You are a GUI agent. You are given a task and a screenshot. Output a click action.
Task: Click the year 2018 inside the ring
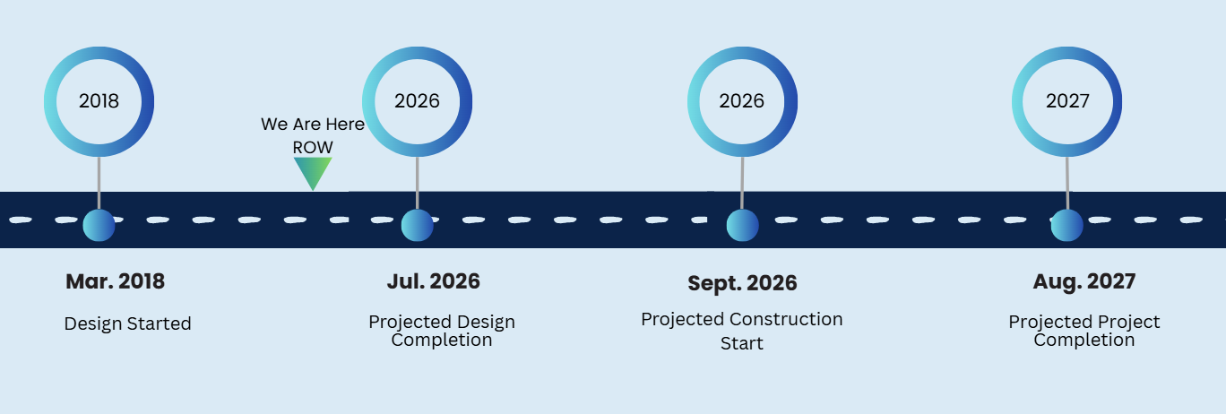[x=99, y=100]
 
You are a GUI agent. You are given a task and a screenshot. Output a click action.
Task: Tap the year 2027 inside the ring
[x=1067, y=100]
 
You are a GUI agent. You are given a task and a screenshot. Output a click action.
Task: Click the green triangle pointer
[x=313, y=171]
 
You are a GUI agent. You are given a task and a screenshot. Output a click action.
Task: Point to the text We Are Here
[x=313, y=124]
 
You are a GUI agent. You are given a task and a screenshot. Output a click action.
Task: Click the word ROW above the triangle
[x=313, y=147]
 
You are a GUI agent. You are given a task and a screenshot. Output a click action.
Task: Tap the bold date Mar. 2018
[x=115, y=281]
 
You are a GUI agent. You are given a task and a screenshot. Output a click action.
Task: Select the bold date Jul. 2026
[x=434, y=281]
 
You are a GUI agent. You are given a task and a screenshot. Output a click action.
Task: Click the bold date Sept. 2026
[x=742, y=283]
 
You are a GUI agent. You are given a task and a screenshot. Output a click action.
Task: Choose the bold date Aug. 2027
[x=1084, y=281]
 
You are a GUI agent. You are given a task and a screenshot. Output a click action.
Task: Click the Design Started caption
[x=127, y=323]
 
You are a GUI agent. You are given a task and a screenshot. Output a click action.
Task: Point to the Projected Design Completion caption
[x=442, y=331]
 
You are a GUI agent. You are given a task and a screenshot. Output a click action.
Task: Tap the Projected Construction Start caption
[x=742, y=331]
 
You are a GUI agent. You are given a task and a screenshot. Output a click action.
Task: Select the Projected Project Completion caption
[x=1084, y=331]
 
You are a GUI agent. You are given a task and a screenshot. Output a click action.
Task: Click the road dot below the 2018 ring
[x=99, y=225]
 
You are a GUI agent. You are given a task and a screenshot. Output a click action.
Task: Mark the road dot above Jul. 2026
[x=417, y=225]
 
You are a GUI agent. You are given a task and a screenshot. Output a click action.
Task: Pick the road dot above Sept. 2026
[x=743, y=225]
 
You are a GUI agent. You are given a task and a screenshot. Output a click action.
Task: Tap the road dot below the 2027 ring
[x=1067, y=225]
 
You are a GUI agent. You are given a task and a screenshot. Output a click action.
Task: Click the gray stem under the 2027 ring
[x=1067, y=183]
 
